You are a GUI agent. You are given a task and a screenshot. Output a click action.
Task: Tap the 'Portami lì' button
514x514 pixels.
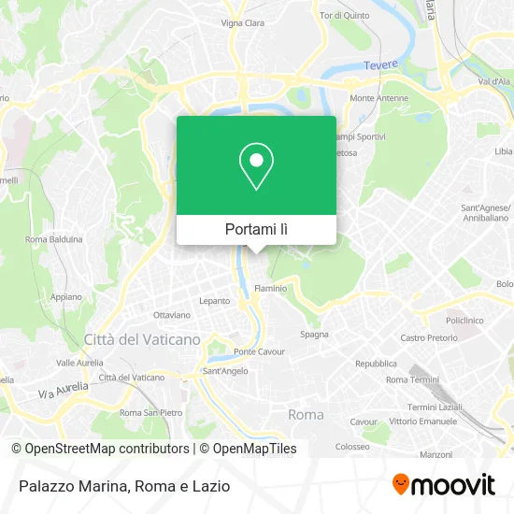256,229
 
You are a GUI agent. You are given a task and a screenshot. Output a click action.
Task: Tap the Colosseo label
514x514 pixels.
352,447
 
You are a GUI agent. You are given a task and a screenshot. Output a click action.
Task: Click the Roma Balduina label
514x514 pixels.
54,239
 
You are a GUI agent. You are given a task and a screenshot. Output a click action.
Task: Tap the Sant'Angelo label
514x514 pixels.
224,371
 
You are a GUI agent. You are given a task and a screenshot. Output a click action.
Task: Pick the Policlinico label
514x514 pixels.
464,319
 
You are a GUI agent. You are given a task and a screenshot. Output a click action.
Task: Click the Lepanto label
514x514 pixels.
214,301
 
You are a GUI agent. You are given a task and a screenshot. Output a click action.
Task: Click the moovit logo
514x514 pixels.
443,484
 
